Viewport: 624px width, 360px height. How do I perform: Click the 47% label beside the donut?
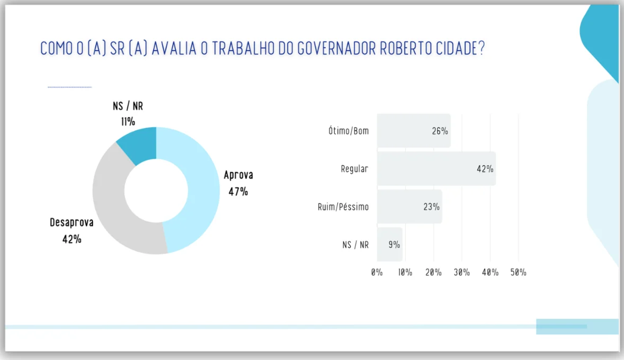click(x=238, y=192)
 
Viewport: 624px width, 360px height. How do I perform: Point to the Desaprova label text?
click(x=72, y=222)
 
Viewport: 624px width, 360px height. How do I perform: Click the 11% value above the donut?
click(x=128, y=122)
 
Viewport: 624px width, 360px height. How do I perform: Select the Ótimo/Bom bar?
click(x=414, y=131)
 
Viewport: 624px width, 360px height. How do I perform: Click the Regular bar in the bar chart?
click(x=436, y=169)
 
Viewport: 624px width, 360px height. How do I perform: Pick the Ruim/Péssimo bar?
click(x=409, y=206)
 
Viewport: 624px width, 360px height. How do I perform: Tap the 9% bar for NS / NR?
click(x=390, y=244)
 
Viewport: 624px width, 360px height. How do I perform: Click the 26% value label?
click(x=440, y=131)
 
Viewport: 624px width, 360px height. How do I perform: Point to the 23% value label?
click(x=431, y=207)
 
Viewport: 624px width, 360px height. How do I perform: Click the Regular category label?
click(x=354, y=169)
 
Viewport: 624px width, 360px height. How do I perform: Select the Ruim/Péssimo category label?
click(x=343, y=207)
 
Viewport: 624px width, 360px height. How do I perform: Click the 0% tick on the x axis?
click(x=377, y=273)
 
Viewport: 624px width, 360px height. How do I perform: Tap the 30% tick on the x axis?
click(x=461, y=273)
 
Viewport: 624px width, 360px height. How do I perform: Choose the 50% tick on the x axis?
click(x=518, y=273)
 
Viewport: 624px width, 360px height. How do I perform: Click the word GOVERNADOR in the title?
click(x=336, y=49)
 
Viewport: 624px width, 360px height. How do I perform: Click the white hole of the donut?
click(x=156, y=191)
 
